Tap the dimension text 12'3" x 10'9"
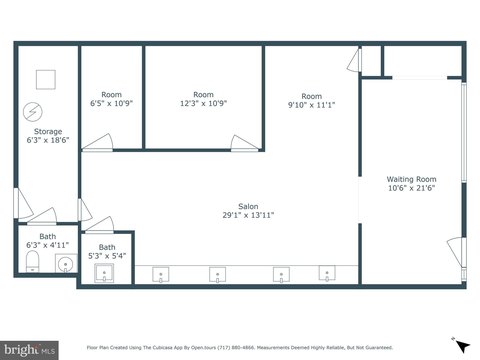click(x=203, y=104)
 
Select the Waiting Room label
click(x=412, y=180)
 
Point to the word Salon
click(x=248, y=206)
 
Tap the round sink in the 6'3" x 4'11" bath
click(x=65, y=264)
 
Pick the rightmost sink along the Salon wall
click(x=326, y=274)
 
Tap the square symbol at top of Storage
click(x=45, y=78)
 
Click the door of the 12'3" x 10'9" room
click(x=243, y=143)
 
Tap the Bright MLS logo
click(x=30, y=349)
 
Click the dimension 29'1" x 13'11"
click(x=248, y=216)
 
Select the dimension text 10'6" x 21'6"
click(x=412, y=190)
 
